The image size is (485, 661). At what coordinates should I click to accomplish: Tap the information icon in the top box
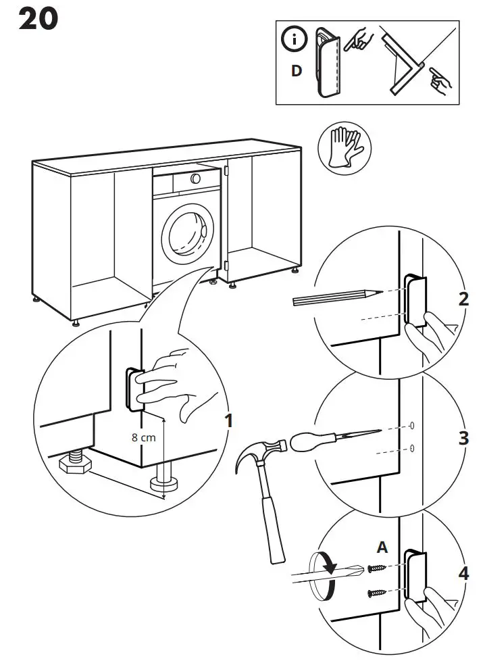click(x=293, y=41)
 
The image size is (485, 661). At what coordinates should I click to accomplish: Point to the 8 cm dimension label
click(x=143, y=437)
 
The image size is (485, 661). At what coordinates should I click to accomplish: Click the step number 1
click(x=228, y=420)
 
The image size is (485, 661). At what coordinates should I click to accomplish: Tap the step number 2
click(x=463, y=299)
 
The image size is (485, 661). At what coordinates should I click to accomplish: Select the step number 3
click(x=463, y=437)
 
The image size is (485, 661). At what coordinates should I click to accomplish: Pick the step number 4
click(x=463, y=574)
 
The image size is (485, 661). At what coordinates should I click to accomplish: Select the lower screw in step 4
click(x=376, y=593)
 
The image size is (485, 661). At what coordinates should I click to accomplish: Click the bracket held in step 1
click(x=134, y=389)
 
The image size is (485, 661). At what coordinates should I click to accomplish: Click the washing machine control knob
click(x=195, y=178)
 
